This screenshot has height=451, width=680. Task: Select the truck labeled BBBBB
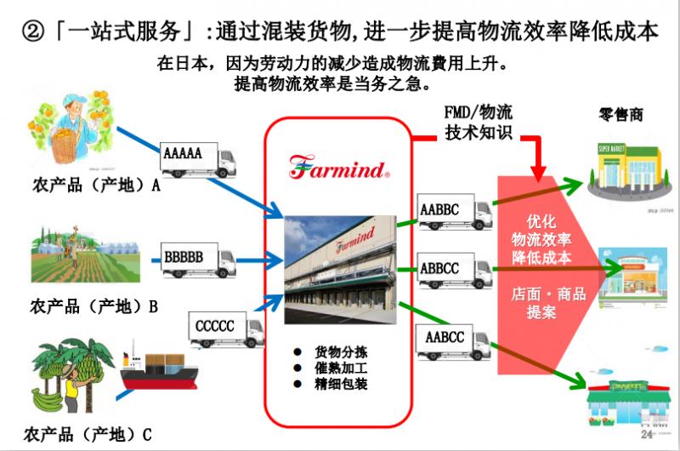pyautogui.click(x=197, y=258)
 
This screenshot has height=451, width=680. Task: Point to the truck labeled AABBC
pyautogui.click(x=455, y=211)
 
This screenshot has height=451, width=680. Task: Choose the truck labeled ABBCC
pyautogui.click(x=455, y=271)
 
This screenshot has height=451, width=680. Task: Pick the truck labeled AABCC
pyautogui.click(x=455, y=340)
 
